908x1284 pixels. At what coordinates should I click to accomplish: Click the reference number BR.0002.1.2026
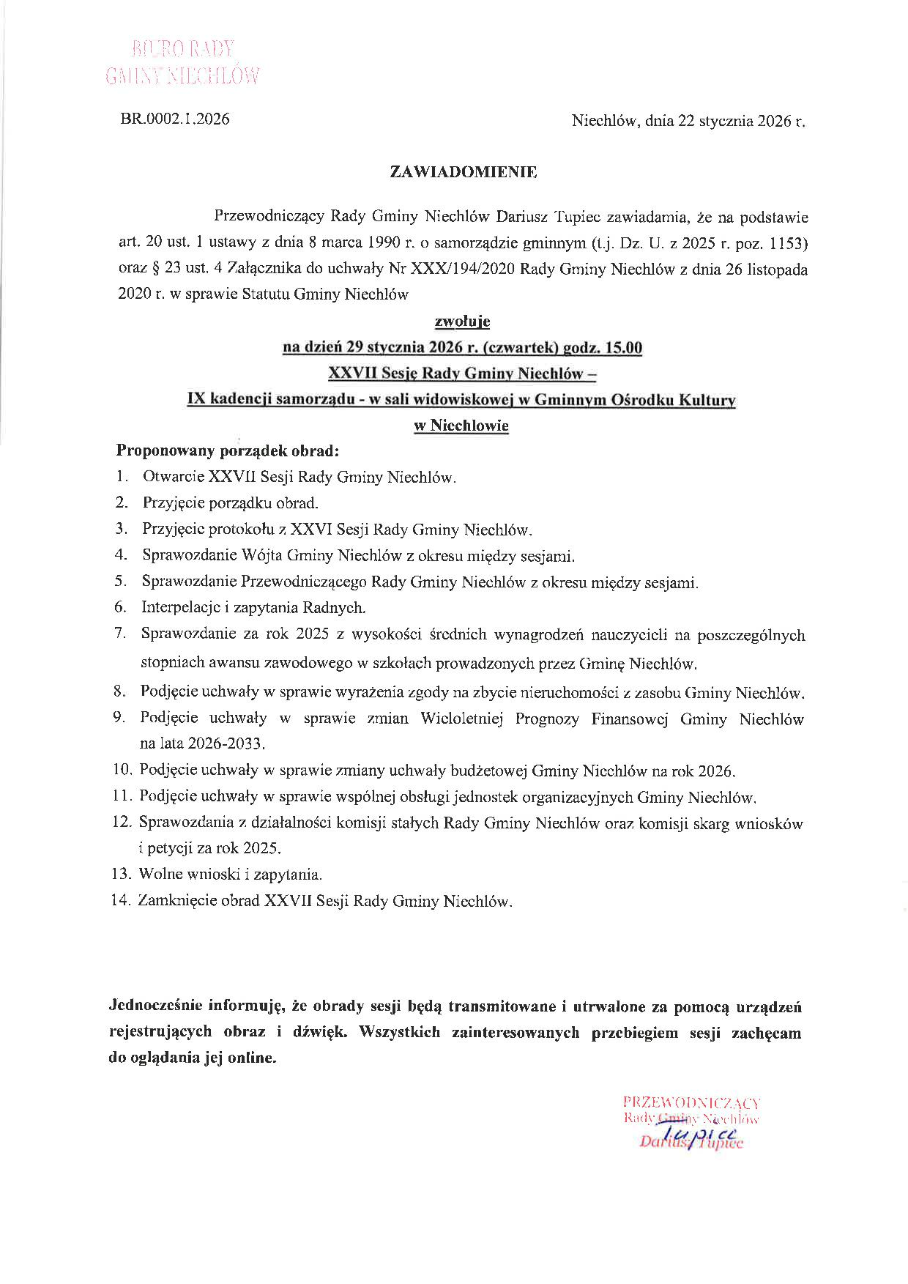click(x=174, y=119)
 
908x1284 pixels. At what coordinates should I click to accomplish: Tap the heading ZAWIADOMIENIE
click(x=464, y=173)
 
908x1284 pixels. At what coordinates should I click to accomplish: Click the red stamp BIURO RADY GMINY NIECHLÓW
click(x=183, y=63)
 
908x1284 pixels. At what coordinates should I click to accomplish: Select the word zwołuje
click(x=463, y=321)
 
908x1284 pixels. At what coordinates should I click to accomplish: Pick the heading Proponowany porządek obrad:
click(x=228, y=450)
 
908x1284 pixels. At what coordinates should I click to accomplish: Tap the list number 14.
click(x=120, y=901)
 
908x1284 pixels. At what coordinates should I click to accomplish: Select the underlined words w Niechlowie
click(x=462, y=426)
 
